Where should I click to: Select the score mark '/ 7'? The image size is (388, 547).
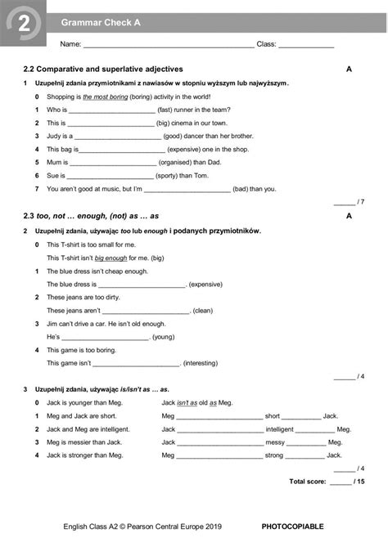click(360, 201)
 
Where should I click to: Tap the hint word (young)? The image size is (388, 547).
click(164, 337)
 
